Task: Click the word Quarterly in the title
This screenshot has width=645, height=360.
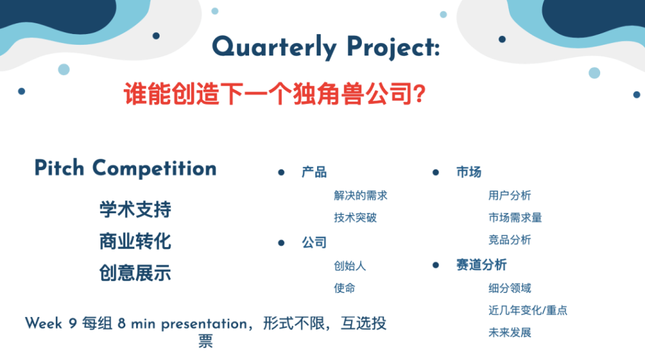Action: pos(274,48)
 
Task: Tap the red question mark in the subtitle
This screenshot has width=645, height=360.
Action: pos(419,93)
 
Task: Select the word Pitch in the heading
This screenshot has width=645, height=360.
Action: pos(59,168)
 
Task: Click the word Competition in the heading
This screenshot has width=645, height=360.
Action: pos(154,168)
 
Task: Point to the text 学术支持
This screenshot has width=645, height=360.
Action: pos(136,209)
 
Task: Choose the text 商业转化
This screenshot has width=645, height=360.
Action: pos(136,241)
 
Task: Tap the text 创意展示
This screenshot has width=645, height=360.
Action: pos(136,273)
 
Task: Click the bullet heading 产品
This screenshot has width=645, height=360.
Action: pos(314,172)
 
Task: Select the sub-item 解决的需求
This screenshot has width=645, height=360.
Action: pos(361,195)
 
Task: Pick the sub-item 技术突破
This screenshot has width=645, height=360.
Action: pos(356,218)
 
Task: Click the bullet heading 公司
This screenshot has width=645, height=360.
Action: pos(314,242)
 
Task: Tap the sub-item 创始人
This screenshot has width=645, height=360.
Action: pos(350,266)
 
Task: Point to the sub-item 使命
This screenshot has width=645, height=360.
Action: pos(345,288)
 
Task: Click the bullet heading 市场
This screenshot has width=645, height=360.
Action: pos(469,172)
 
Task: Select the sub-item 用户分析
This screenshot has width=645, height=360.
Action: pos(510,195)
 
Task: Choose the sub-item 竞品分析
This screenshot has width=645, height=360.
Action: pos(510,240)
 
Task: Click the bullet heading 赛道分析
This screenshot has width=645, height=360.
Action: pos(482,265)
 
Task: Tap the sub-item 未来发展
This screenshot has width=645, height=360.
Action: pos(510,332)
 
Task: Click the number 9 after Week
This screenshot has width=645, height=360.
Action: pos(73,323)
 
